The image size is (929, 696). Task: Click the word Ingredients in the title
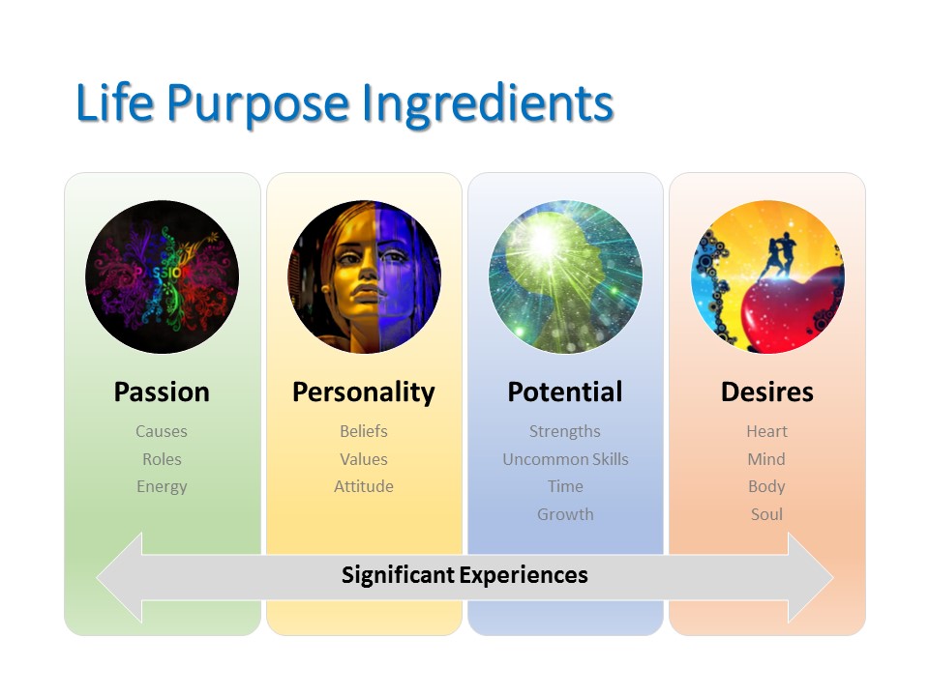(487, 104)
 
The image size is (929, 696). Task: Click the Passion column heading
(162, 391)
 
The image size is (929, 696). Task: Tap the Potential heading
(565, 391)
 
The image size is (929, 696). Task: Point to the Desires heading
(767, 391)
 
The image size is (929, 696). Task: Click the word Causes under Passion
(162, 431)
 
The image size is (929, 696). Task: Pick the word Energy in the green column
(162, 487)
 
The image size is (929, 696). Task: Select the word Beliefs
(364, 431)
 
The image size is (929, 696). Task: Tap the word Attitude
(364, 486)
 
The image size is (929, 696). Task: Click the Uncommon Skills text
(565, 459)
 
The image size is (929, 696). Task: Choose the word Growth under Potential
(565, 514)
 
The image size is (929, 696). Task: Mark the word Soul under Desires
(766, 514)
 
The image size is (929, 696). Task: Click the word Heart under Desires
(766, 431)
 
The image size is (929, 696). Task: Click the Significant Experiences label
(464, 575)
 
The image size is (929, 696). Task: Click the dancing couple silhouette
(777, 256)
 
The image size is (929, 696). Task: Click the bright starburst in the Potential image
(544, 240)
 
